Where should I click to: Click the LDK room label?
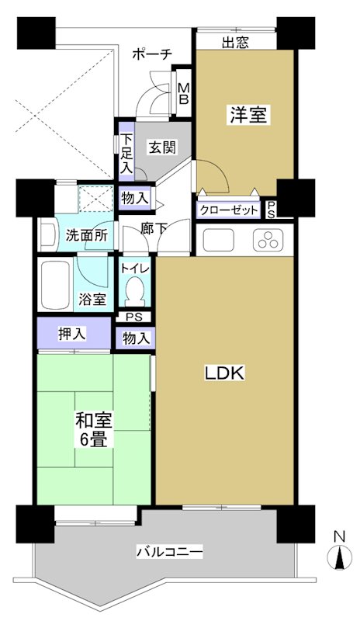click(x=224, y=373)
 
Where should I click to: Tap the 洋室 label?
click(x=247, y=116)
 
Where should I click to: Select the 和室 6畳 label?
click(x=94, y=430)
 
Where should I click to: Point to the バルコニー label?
click(x=170, y=553)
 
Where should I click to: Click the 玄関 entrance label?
click(x=161, y=147)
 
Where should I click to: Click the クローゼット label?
click(x=229, y=210)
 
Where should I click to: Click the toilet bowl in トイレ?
click(x=134, y=294)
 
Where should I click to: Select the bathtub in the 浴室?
click(x=55, y=282)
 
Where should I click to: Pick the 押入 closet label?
click(x=73, y=334)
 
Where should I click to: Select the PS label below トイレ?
click(x=135, y=317)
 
